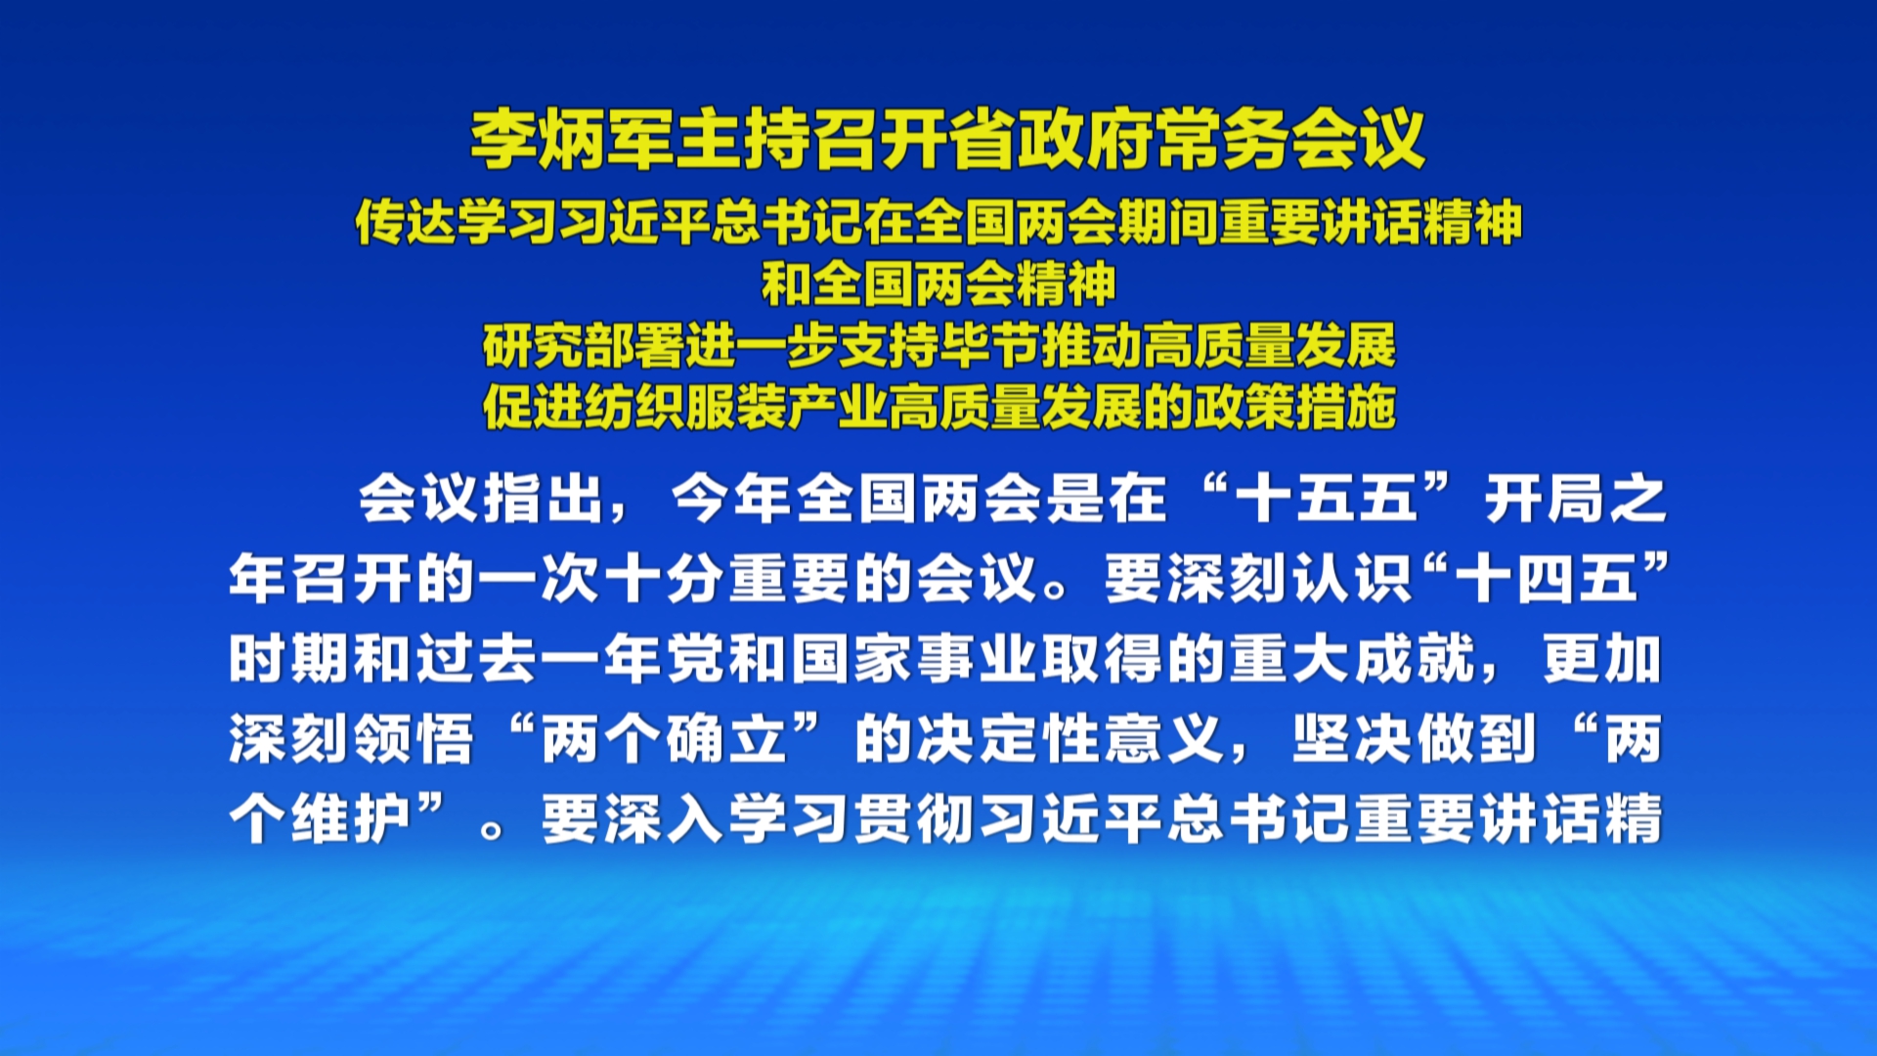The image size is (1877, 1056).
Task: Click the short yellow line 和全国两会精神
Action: [x=938, y=285]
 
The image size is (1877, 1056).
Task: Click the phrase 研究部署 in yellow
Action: [x=584, y=346]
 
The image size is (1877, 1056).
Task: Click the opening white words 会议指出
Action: [x=481, y=500]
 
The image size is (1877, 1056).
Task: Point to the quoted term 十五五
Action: [x=1327, y=500]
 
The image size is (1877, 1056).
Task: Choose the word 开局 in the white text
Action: [x=1545, y=500]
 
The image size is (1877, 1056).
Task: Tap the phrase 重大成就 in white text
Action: [x=1354, y=659]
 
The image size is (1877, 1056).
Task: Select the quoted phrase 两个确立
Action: [x=665, y=739]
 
